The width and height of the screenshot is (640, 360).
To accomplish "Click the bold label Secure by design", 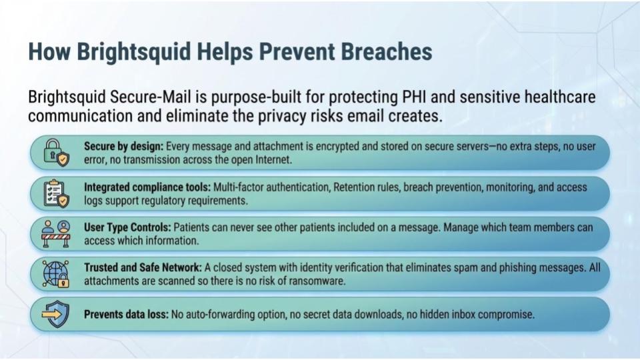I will coord(123,146).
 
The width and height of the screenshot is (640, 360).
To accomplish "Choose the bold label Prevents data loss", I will coord(125,314).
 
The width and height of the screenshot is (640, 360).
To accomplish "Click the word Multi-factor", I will coord(273,187).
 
